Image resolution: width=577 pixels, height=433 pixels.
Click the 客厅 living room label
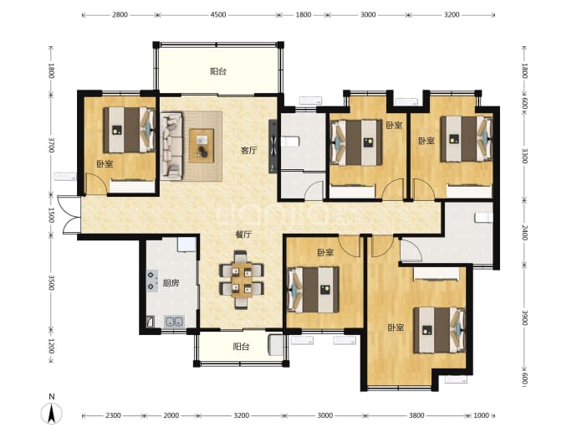click(x=248, y=151)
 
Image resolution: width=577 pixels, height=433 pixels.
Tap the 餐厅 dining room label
click(x=243, y=235)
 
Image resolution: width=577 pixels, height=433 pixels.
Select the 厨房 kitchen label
click(x=171, y=283)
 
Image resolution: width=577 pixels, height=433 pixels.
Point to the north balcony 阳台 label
click(x=218, y=71)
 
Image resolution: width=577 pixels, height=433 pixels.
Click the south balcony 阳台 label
click(x=241, y=347)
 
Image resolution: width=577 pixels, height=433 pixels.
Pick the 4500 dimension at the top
click(x=218, y=15)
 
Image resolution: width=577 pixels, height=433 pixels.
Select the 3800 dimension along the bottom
click(x=416, y=415)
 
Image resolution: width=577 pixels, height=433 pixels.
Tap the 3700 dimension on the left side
click(x=51, y=144)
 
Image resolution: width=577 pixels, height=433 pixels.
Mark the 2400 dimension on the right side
click(x=525, y=233)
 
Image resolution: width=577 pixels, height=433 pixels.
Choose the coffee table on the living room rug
click(x=202, y=145)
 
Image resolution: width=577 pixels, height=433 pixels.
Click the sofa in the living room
click(x=171, y=147)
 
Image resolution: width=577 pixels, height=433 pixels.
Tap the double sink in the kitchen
click(x=174, y=322)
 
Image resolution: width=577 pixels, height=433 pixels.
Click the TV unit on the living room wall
click(x=273, y=146)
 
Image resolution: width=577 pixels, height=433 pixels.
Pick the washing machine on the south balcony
click(x=276, y=345)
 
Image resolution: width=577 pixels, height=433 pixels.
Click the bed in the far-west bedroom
click(x=129, y=130)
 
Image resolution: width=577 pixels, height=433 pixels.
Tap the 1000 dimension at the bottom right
click(x=481, y=415)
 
